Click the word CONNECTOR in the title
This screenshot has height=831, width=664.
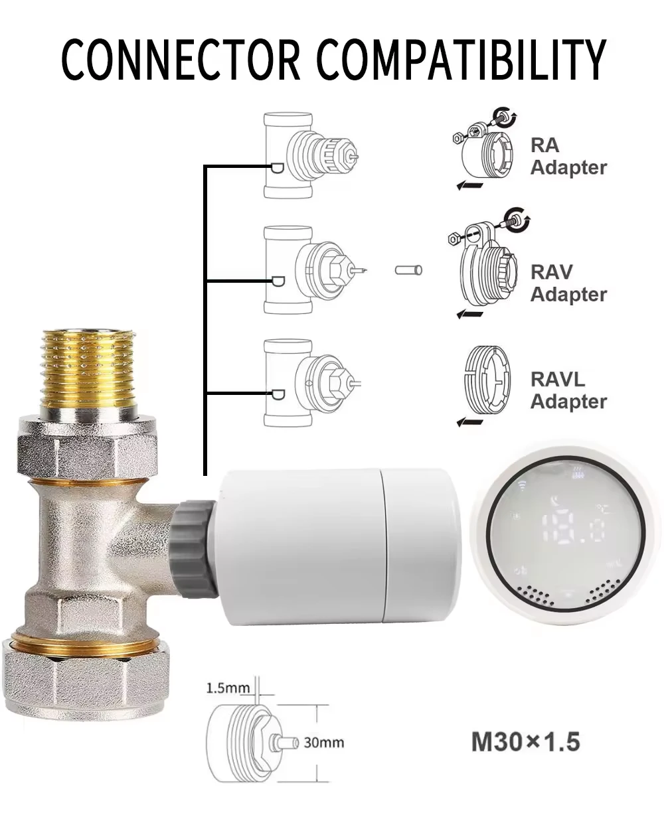tap(181, 59)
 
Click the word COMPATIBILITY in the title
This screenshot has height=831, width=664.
tap(461, 59)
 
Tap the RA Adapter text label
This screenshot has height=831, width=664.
tap(568, 157)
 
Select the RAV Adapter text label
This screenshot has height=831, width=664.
tap(568, 283)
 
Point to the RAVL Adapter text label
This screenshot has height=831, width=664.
tap(568, 390)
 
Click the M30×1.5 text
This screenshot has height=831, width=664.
tap(526, 742)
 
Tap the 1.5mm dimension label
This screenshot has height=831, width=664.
tap(228, 688)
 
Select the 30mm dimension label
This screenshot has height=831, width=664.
tap(323, 743)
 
